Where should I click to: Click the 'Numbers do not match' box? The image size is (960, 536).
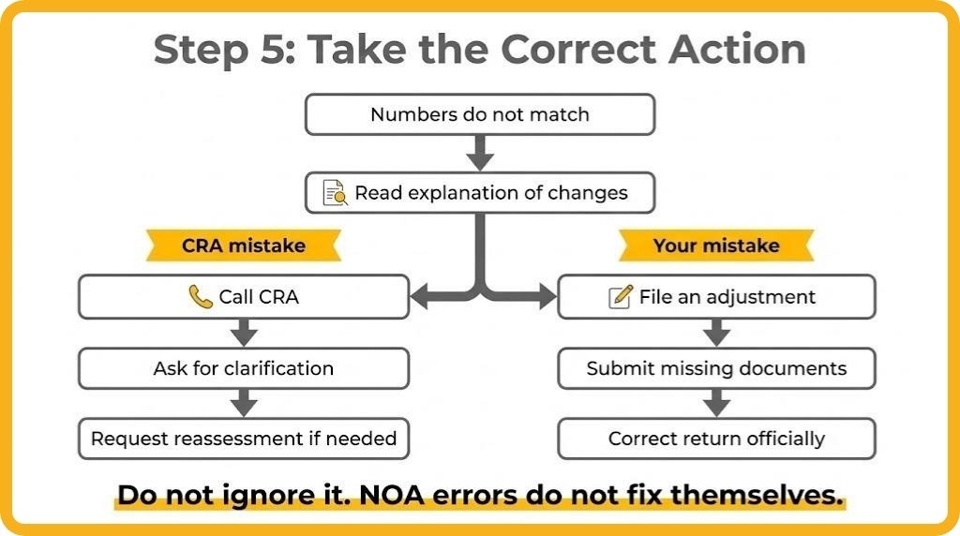479,115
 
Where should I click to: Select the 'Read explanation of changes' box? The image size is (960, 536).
479,194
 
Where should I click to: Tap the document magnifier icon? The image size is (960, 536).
335,194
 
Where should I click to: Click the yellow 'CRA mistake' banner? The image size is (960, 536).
243,246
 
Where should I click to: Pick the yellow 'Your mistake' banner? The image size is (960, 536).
715,246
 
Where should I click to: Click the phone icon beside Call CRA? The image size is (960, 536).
200,297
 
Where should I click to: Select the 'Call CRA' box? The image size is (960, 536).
244,297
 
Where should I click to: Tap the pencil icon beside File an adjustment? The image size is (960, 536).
620,297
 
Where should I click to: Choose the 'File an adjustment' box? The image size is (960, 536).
716,297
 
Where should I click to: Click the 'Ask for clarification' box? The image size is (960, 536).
244,368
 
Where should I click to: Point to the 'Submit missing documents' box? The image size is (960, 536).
716,368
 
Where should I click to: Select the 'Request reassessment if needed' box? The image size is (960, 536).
244,438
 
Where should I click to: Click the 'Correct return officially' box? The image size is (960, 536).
716,438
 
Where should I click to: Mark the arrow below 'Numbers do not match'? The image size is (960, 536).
479,153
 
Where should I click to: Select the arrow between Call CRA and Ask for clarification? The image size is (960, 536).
244,333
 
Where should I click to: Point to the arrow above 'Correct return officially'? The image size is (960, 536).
716,403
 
